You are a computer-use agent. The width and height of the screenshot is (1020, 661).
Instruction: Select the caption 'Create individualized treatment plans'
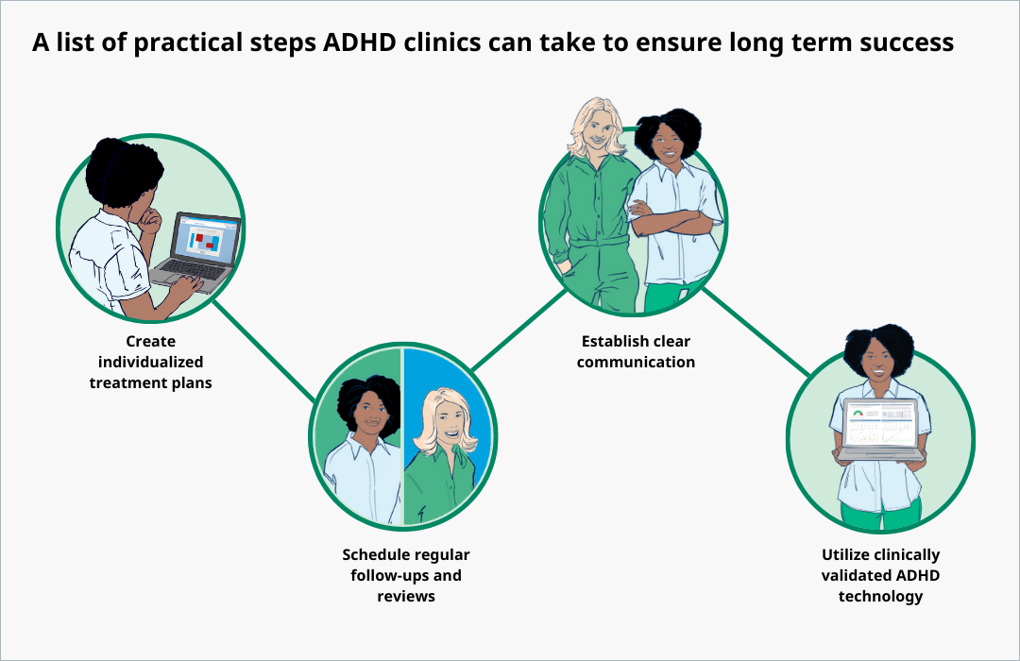point(150,363)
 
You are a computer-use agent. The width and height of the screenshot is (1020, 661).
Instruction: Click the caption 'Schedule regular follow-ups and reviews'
point(405,575)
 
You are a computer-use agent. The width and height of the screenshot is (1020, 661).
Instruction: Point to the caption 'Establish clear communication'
point(637,351)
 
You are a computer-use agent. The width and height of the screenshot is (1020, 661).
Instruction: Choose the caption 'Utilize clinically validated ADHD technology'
point(880,575)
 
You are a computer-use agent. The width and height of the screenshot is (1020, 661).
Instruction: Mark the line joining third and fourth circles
point(756,330)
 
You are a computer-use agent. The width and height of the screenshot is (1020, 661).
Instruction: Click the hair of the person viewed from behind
point(120,175)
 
